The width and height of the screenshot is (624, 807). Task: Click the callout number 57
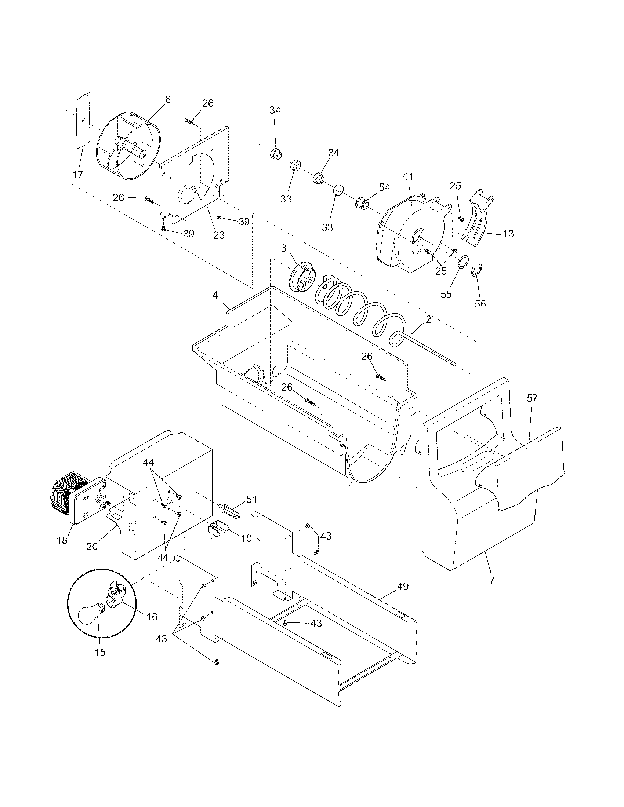tap(532, 398)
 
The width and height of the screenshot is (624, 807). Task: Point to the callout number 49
tap(403, 586)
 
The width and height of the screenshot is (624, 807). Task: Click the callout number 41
tap(407, 177)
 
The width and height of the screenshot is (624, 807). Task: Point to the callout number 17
tap(77, 175)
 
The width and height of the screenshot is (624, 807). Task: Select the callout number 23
tap(219, 235)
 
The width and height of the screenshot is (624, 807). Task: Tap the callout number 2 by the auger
tap(428, 319)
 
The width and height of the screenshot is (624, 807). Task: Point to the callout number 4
tap(215, 295)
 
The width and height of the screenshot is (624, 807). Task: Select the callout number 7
tap(491, 580)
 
